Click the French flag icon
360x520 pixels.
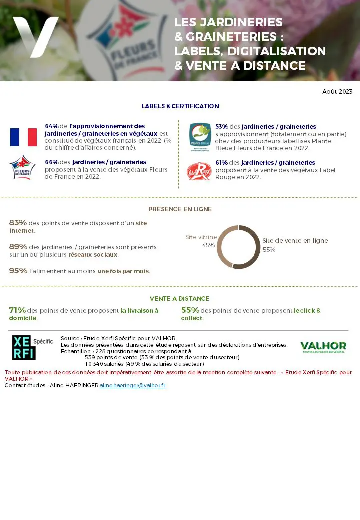[x=23, y=137]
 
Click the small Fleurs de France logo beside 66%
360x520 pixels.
[x=23, y=168]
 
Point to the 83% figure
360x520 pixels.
[x=18, y=223]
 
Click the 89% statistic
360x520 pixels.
[x=18, y=246]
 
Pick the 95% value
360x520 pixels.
[x=18, y=271]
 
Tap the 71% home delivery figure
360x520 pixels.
[x=17, y=310]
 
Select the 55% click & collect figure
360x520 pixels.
[x=190, y=310]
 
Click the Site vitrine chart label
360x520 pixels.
[x=201, y=237]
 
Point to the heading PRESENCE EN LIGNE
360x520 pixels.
[x=180, y=209]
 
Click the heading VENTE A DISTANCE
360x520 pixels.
[x=180, y=299]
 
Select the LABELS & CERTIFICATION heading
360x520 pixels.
[x=180, y=106]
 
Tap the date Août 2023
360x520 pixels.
[x=337, y=92]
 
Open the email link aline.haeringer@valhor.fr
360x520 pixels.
[x=132, y=386]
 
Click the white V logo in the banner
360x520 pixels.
[x=35, y=36]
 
